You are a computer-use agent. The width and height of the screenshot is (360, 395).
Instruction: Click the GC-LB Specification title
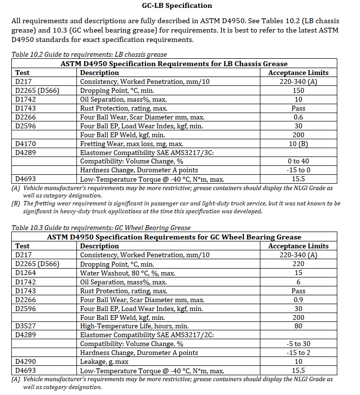180,6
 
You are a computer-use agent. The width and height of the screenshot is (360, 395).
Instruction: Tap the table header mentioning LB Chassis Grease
174,64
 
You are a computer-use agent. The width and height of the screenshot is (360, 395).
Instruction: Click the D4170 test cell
26,144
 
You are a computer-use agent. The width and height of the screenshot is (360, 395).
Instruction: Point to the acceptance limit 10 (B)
298,144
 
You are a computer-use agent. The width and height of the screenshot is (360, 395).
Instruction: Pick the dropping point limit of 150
298,90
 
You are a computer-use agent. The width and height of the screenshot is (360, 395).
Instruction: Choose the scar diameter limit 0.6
298,117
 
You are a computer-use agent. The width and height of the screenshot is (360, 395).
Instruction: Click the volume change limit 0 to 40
298,161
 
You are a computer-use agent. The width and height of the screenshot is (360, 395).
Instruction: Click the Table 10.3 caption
101,228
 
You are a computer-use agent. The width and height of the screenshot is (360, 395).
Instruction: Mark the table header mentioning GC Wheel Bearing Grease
174,237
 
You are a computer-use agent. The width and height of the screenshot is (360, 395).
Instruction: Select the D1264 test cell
26,273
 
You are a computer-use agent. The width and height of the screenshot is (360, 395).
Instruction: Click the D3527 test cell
26,326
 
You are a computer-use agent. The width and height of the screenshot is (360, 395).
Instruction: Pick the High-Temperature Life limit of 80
298,326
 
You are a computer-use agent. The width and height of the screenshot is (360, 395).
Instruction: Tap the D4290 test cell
26,361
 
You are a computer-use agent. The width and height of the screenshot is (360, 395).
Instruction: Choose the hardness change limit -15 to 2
298,353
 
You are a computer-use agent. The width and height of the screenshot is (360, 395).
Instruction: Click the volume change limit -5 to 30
298,344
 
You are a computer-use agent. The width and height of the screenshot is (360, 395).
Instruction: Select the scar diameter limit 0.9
298,299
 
